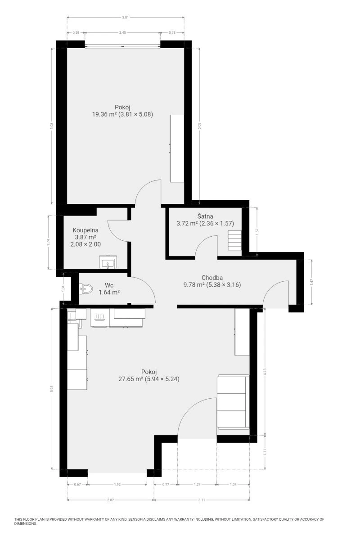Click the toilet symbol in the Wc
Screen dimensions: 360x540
click(86, 288)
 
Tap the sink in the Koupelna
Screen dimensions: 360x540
click(108, 262)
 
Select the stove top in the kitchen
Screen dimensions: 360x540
click(99, 317)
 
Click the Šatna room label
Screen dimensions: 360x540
click(205, 216)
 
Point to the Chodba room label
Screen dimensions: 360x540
click(212, 278)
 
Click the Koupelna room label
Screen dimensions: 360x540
click(85, 230)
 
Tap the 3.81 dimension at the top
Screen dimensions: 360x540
click(126, 18)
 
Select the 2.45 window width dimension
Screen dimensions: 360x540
click(122, 32)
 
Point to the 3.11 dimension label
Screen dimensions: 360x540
click(202, 500)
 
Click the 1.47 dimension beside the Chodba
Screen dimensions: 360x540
click(311, 282)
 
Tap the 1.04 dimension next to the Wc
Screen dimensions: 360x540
click(63, 288)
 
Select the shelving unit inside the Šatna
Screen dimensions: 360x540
click(234, 240)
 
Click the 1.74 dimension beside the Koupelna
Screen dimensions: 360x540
click(48, 242)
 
